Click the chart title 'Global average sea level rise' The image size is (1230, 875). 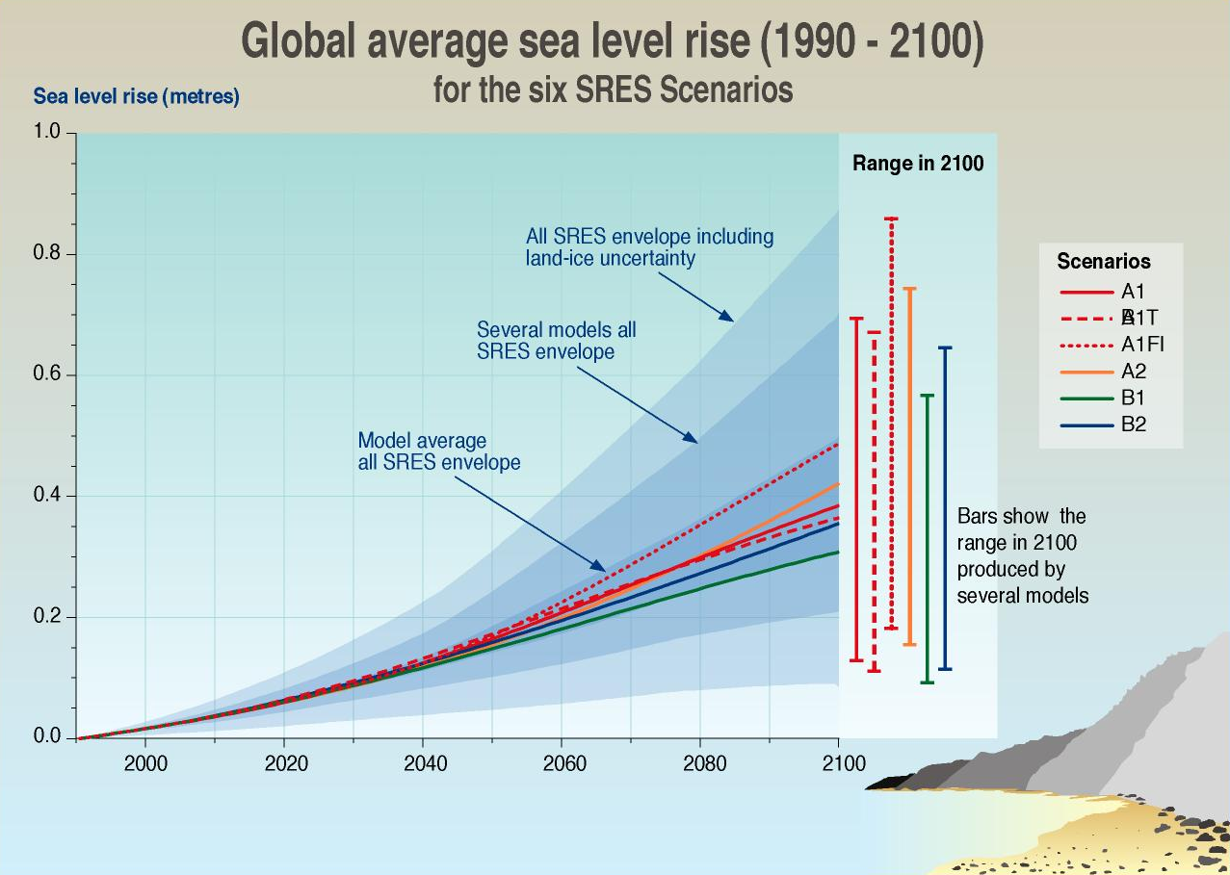pyautogui.click(x=612, y=44)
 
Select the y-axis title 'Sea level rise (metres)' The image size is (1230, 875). pyautogui.click(x=137, y=96)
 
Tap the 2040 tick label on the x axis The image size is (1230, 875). pyautogui.click(x=425, y=763)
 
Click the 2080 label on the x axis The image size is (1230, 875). pyautogui.click(x=705, y=763)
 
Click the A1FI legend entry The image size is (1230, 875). pyautogui.click(x=1143, y=344)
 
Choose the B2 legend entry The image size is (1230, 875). pyautogui.click(x=1134, y=424)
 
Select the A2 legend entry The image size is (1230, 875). pyautogui.click(x=1134, y=371)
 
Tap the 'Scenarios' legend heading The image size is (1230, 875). pyautogui.click(x=1103, y=261)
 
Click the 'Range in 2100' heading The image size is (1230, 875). pyautogui.click(x=918, y=164)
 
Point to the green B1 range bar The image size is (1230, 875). pyautogui.click(x=927, y=539)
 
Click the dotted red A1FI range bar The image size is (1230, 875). pyautogui.click(x=891, y=424)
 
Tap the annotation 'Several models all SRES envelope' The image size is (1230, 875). pyautogui.click(x=557, y=341)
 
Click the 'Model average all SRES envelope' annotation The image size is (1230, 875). pyautogui.click(x=439, y=451)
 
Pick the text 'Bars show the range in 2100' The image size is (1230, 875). pyautogui.click(x=1022, y=555)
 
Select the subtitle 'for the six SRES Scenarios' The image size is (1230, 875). pyautogui.click(x=613, y=90)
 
